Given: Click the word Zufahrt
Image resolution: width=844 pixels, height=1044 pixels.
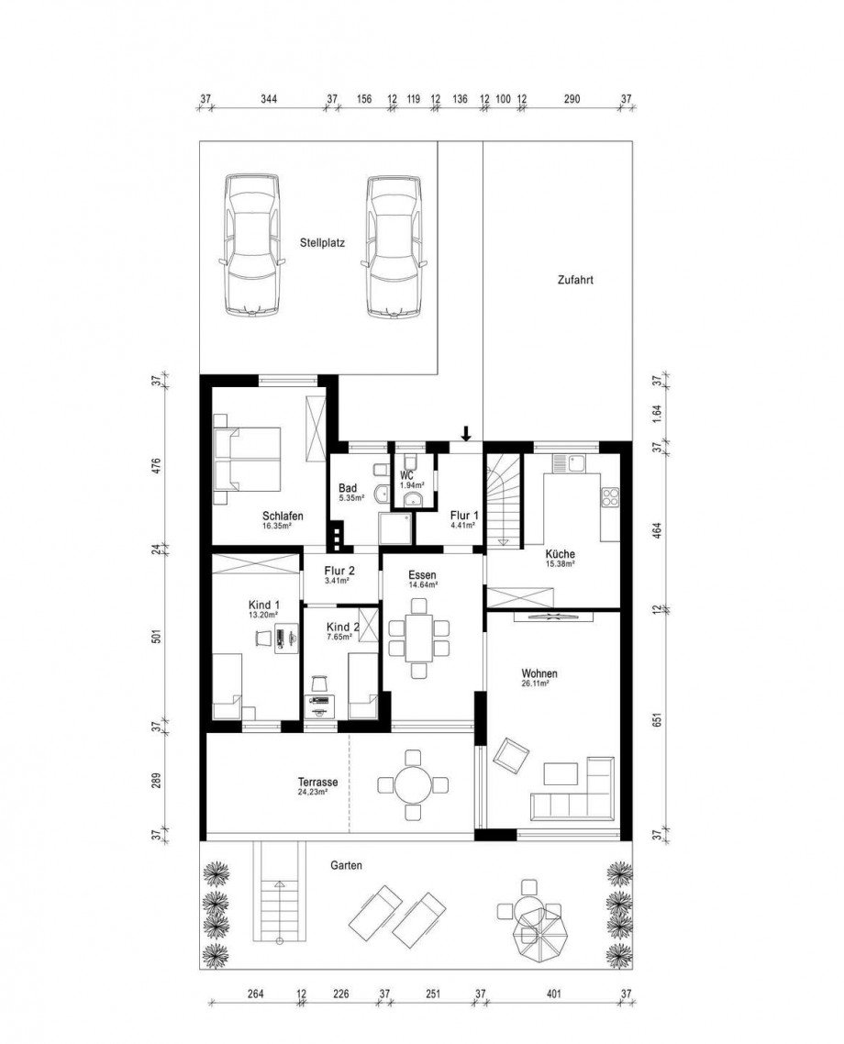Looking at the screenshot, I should click(575, 281).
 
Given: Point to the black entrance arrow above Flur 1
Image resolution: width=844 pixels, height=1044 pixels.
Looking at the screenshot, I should click(466, 433).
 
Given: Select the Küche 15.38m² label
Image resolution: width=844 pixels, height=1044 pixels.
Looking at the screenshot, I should click(560, 559).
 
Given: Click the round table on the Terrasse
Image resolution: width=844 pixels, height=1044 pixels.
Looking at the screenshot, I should click(413, 784).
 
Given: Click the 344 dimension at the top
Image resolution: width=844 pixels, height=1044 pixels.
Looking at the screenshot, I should click(269, 98).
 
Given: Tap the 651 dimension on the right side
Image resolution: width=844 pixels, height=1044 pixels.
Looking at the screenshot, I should click(656, 720).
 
